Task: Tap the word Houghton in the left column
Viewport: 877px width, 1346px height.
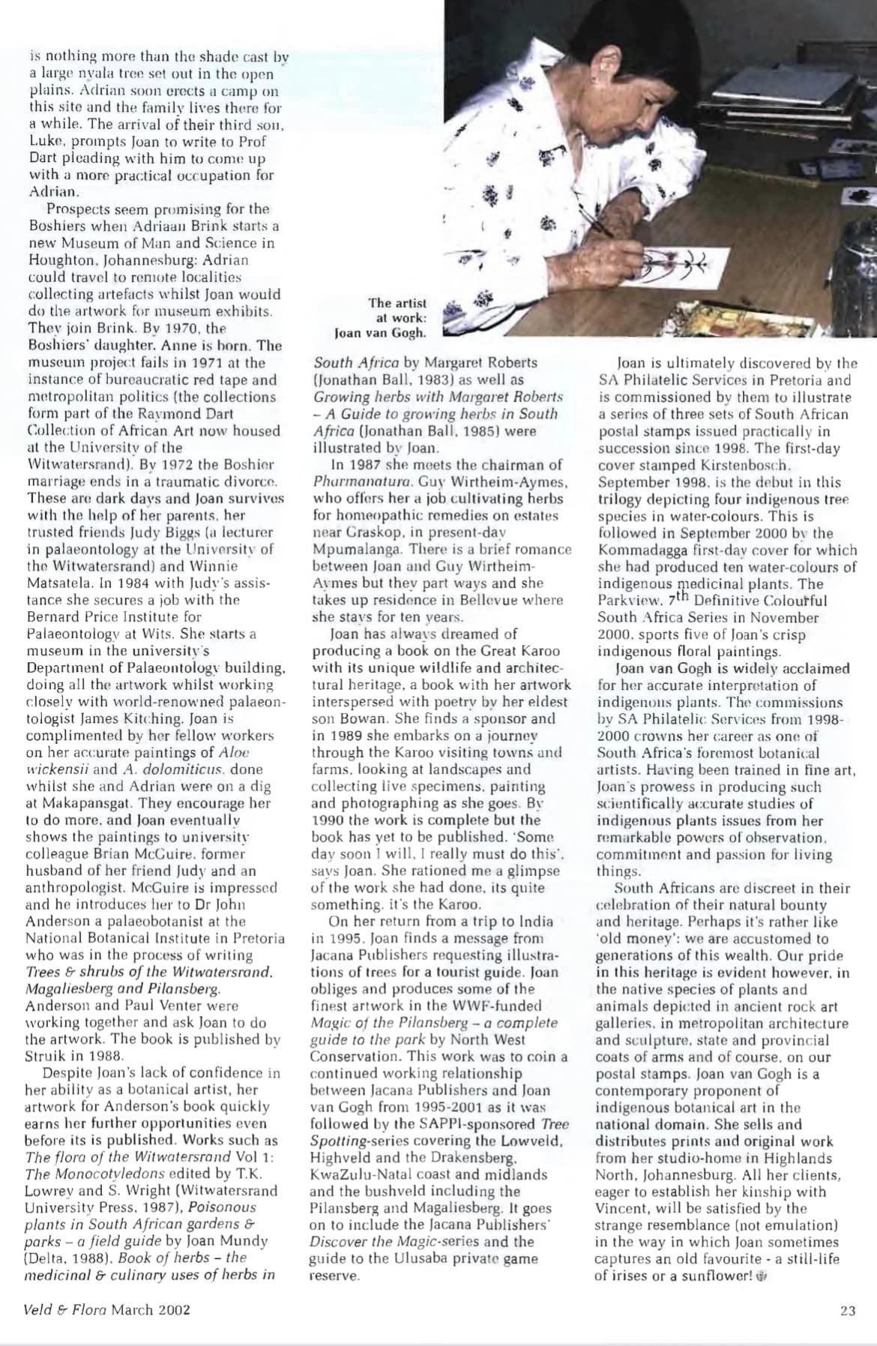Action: (55, 259)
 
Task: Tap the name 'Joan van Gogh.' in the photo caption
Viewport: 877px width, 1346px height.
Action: (380, 332)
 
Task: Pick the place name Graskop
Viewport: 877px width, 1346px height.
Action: (356, 532)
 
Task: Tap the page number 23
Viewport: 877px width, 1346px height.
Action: (847, 1310)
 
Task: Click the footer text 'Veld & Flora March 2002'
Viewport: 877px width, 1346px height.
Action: (107, 1310)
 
